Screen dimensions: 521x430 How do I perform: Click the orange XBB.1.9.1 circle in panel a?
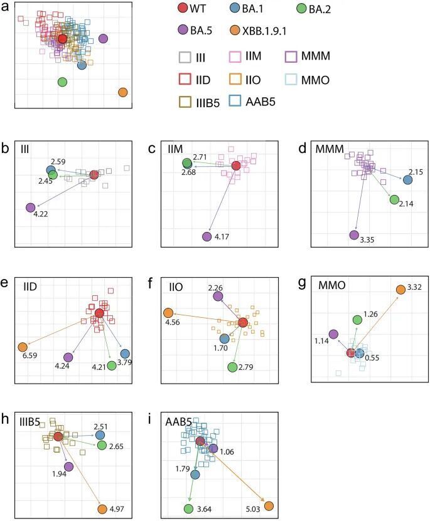click(x=122, y=93)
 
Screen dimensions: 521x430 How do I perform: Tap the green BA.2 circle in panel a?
click(x=62, y=82)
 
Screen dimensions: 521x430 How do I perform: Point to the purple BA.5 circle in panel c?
click(x=207, y=236)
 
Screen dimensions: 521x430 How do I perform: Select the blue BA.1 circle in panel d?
click(x=407, y=180)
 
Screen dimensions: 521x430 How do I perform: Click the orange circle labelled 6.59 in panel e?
click(x=23, y=347)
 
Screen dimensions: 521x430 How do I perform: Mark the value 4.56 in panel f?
click(x=171, y=324)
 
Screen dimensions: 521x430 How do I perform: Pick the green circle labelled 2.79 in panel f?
click(x=234, y=367)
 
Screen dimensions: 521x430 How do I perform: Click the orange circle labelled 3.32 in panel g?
click(x=400, y=289)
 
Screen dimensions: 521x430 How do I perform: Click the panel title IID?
click(x=27, y=287)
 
